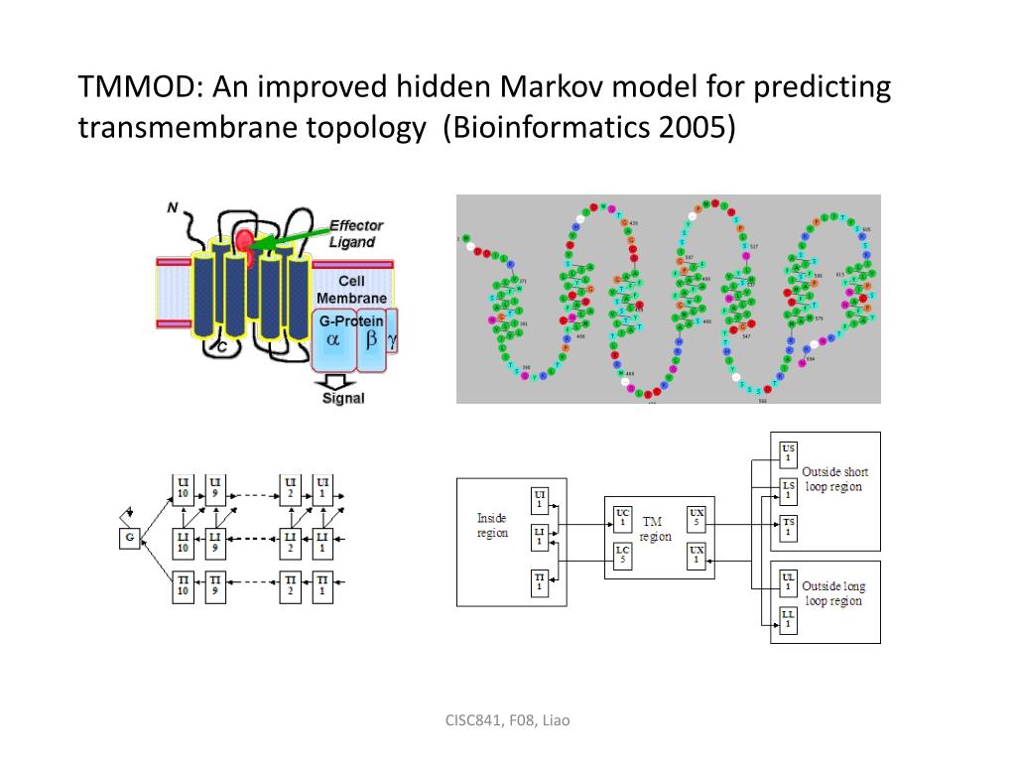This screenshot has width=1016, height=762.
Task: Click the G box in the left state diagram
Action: click(x=129, y=538)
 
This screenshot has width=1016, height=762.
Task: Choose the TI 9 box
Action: click(x=215, y=584)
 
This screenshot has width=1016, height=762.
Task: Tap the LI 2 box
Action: click(x=291, y=539)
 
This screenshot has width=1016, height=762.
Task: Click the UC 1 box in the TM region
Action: click(x=622, y=518)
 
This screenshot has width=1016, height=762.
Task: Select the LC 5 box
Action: click(x=622, y=556)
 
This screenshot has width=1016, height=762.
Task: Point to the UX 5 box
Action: click(x=697, y=518)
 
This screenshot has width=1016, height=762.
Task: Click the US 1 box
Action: click(x=788, y=451)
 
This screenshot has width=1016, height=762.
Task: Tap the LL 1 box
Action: click(x=788, y=621)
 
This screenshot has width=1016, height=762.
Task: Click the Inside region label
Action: click(x=492, y=525)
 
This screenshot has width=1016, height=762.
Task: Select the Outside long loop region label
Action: click(x=833, y=593)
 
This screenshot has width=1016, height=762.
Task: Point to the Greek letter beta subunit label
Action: click(x=371, y=338)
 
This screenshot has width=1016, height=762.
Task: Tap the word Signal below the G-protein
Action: click(x=343, y=398)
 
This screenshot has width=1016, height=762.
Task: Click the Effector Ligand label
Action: click(x=354, y=234)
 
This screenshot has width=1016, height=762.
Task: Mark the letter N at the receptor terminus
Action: click(x=172, y=207)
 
